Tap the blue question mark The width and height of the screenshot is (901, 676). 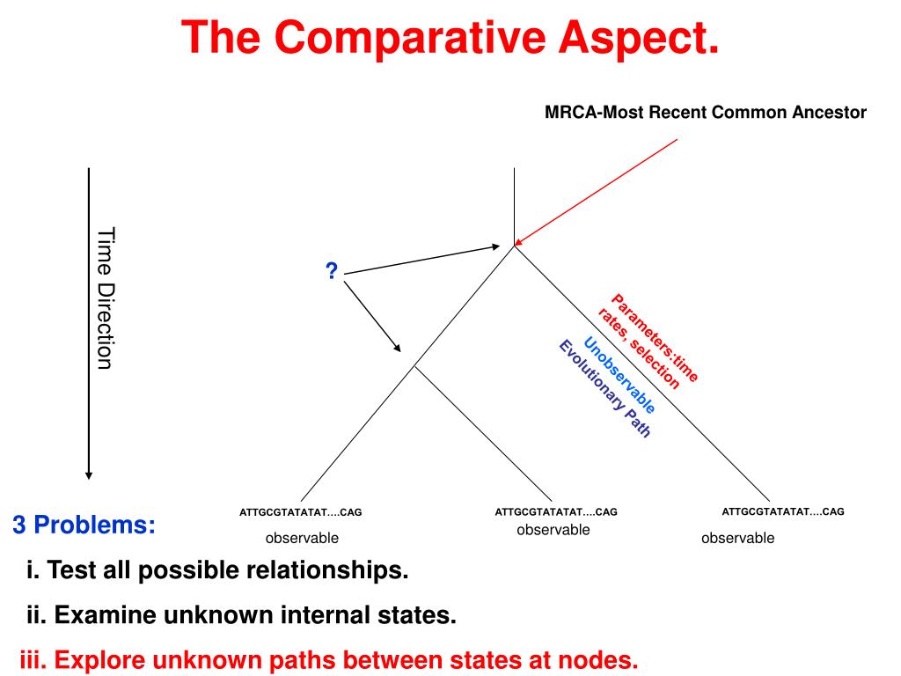click(332, 272)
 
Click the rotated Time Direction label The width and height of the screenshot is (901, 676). click(106, 298)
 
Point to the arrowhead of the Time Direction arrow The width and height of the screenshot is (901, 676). click(88, 474)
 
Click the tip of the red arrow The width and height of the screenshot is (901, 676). click(516, 244)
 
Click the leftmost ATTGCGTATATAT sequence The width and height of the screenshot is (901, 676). click(300, 511)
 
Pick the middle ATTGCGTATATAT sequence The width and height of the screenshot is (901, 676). click(555, 511)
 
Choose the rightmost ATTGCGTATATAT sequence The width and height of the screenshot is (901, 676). click(782, 511)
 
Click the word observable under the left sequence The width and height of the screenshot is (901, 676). click(302, 538)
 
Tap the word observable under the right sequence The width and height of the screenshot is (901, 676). click(737, 538)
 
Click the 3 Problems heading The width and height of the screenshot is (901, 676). click(84, 525)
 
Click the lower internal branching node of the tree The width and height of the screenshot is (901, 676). click(414, 366)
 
